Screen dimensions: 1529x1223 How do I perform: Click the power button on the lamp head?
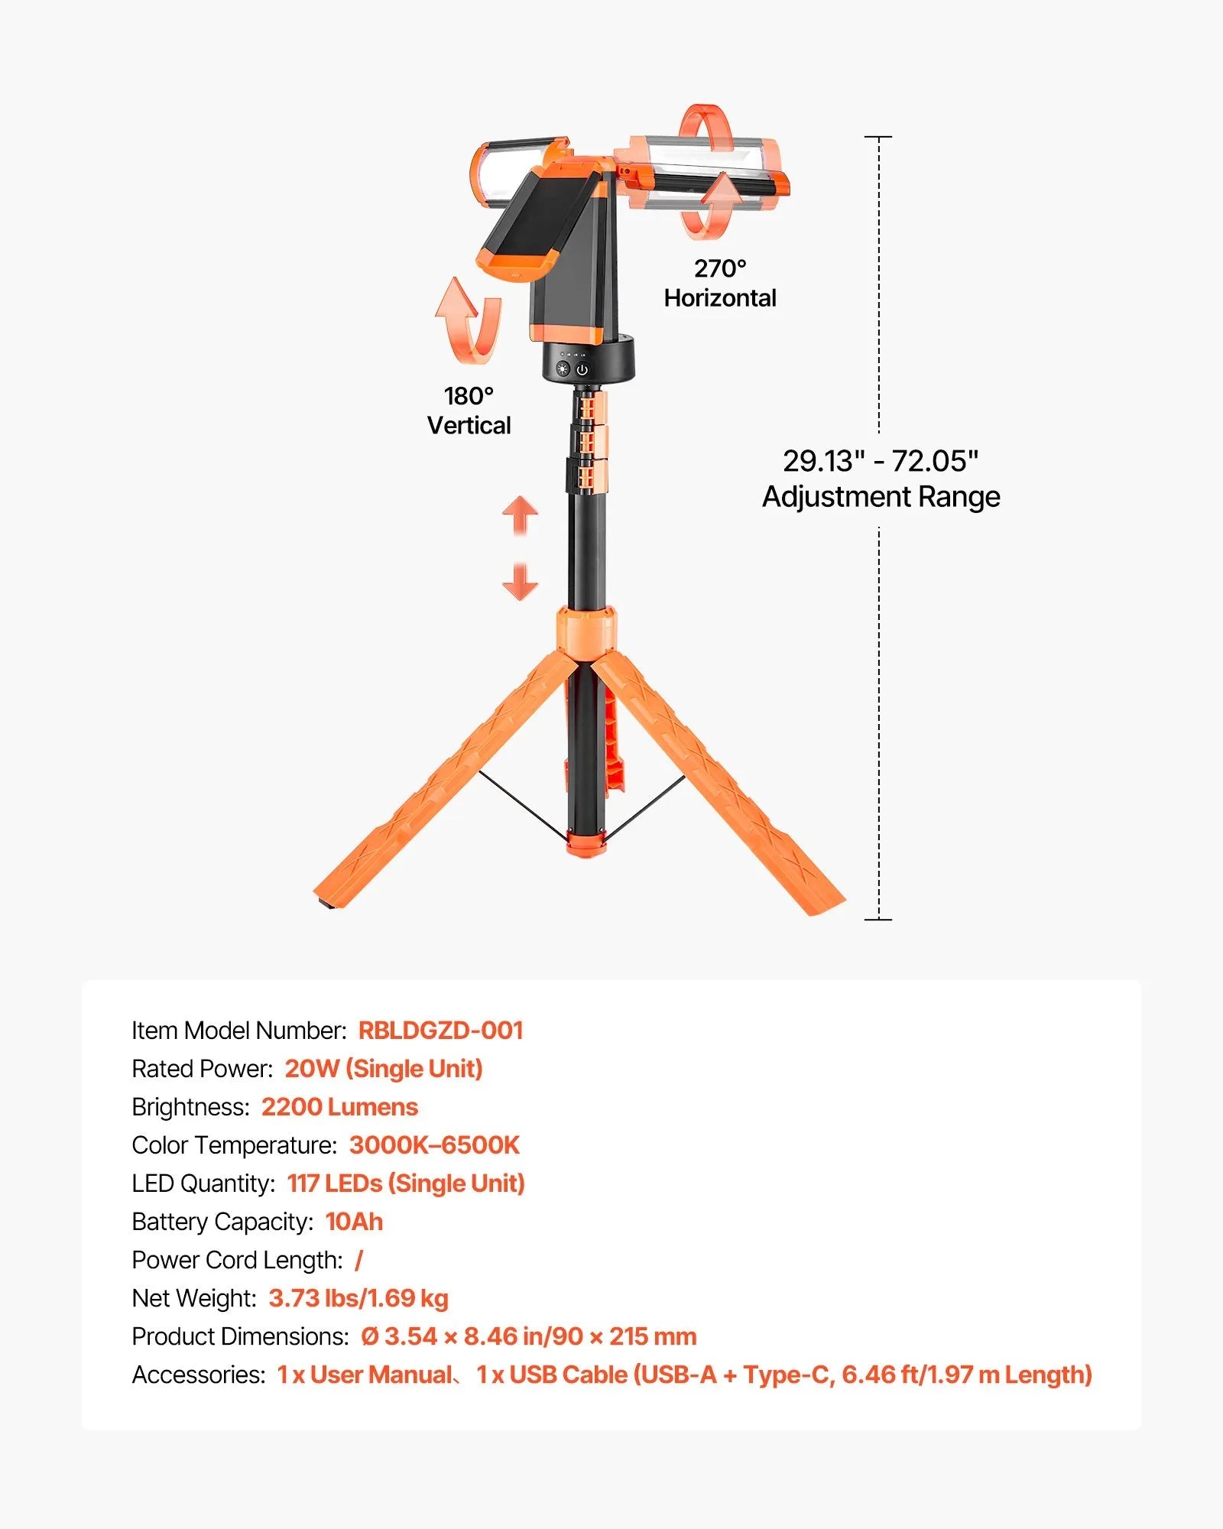pos(582,370)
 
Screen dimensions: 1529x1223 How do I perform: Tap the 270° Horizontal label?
pos(719,284)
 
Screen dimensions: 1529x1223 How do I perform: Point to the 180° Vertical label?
pos(469,411)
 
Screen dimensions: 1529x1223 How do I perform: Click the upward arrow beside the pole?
pos(520,514)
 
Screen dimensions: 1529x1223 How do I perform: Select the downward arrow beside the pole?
pos(520,583)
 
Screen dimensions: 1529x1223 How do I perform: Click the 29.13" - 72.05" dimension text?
pos(881,461)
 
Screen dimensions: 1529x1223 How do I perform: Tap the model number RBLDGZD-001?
pos(440,1031)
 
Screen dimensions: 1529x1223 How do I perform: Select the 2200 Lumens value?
pos(339,1107)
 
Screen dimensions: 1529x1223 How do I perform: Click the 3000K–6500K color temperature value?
pos(434,1145)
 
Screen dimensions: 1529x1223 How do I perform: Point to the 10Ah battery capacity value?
pos(354,1222)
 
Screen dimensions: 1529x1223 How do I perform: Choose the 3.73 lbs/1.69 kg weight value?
pos(358,1298)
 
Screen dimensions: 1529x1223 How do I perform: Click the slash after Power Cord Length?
pos(358,1260)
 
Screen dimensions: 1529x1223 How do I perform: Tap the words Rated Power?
pos(202,1069)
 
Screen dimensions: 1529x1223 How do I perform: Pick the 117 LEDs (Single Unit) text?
pos(406,1183)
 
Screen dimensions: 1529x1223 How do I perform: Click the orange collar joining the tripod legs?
pos(586,631)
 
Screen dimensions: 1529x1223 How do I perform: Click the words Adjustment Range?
pos(881,497)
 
